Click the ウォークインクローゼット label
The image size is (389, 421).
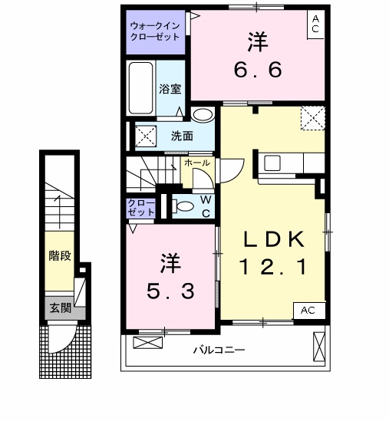pyautogui.click(x=155, y=31)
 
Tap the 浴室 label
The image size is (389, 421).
pyautogui.click(x=170, y=89)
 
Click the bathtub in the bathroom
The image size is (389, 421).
pyautogui.click(x=141, y=88)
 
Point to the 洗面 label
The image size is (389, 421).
pyautogui.click(x=182, y=136)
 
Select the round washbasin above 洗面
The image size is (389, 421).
pyautogui.click(x=203, y=115)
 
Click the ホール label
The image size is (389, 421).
pyautogui.click(x=197, y=163)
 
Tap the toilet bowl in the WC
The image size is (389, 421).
pyautogui.click(x=183, y=206)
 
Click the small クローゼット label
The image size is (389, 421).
pyautogui.click(x=141, y=208)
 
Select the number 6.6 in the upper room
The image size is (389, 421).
pyautogui.click(x=258, y=70)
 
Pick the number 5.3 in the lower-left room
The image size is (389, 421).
pyautogui.click(x=170, y=291)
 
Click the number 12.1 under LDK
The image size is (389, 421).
pyautogui.click(x=273, y=266)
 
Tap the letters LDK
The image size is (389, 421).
pyautogui.click(x=274, y=239)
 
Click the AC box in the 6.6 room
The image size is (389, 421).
pyautogui.click(x=315, y=25)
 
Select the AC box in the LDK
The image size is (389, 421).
pyautogui.click(x=309, y=311)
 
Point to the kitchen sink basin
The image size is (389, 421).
pyautogui.click(x=272, y=163)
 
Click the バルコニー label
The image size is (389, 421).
pyautogui.click(x=219, y=350)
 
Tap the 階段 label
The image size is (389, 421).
pyautogui.click(x=60, y=255)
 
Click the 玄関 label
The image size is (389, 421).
pyautogui.click(x=61, y=308)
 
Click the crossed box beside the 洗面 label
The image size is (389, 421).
pyautogui.click(x=146, y=136)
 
